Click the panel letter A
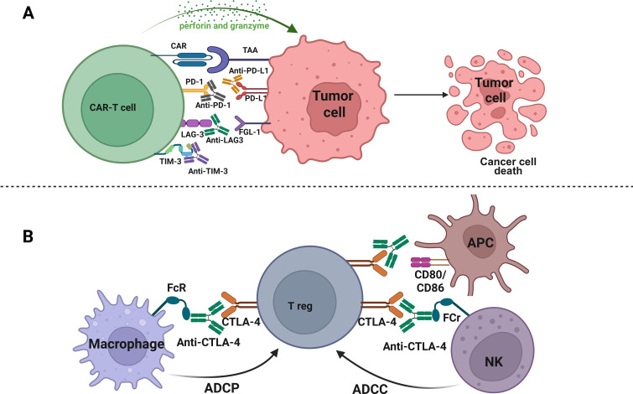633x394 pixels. click(x=28, y=13)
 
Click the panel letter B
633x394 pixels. click(x=28, y=236)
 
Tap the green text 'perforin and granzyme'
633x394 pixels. click(x=224, y=26)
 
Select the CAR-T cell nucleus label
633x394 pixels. click(x=112, y=107)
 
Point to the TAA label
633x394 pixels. click(x=251, y=50)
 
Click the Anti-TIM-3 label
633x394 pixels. click(x=208, y=171)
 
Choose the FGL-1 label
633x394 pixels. click(x=250, y=132)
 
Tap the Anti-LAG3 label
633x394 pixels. click(x=225, y=140)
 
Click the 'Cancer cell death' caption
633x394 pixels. click(x=508, y=166)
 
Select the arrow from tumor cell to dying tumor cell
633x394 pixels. click(x=421, y=95)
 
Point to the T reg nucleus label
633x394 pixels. click(x=300, y=306)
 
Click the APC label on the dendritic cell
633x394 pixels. click(x=480, y=242)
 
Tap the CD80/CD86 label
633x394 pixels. click(x=430, y=282)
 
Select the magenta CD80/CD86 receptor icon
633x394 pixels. click(x=420, y=262)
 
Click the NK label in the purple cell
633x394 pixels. click(x=494, y=361)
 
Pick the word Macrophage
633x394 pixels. click(x=127, y=344)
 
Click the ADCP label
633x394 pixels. click(x=221, y=388)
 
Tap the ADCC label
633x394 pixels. click(x=370, y=389)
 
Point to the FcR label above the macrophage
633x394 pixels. click(x=176, y=288)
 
